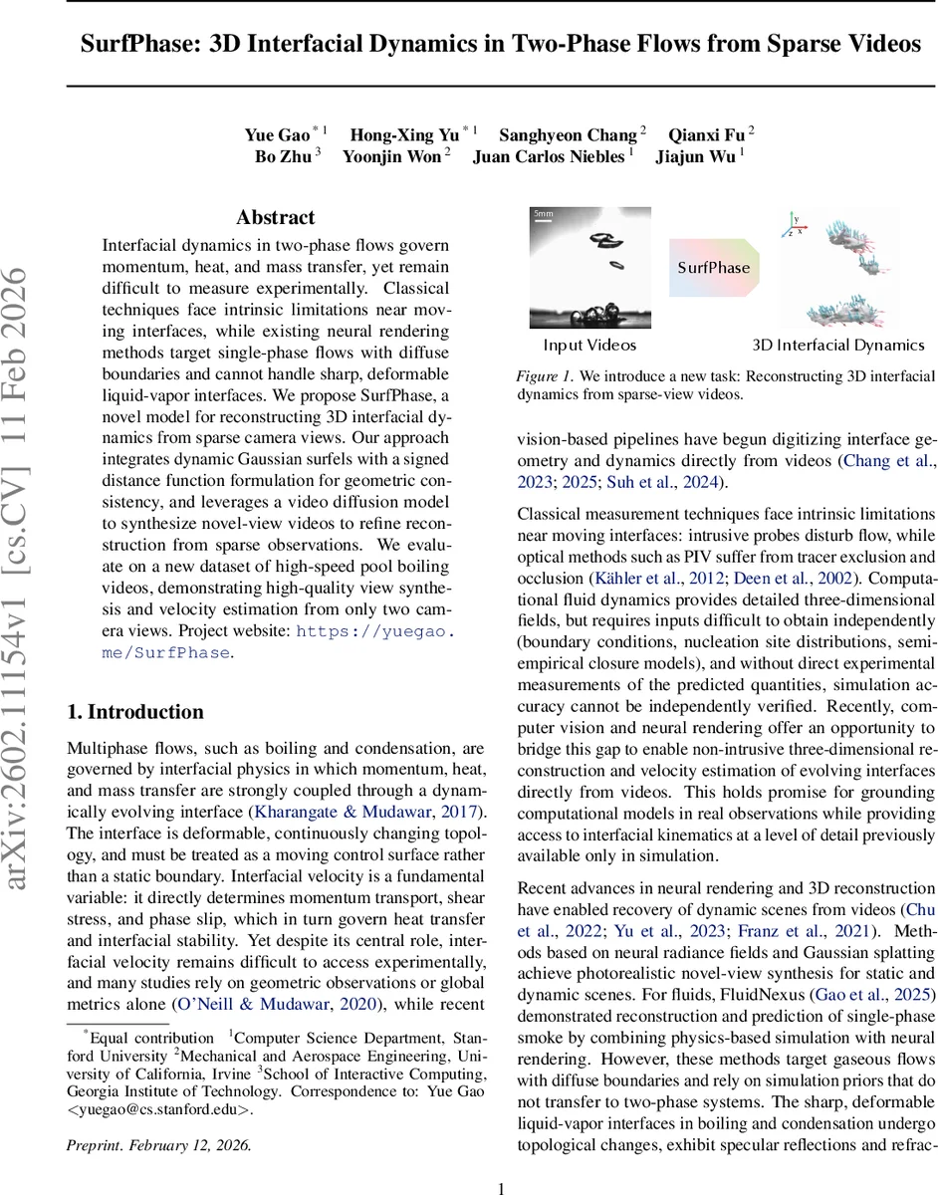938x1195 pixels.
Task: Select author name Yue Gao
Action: coord(277,134)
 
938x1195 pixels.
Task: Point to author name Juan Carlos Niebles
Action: coord(548,156)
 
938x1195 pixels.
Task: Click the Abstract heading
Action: coord(275,217)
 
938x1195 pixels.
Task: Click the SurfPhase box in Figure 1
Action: coord(713,268)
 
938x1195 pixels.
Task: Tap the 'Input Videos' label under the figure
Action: coord(589,346)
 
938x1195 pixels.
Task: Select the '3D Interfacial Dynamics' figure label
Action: coord(837,346)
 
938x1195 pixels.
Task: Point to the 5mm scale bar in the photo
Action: coord(543,214)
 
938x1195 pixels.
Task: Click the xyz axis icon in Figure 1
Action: coord(793,224)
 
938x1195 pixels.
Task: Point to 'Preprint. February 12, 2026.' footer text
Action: coord(158,1144)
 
